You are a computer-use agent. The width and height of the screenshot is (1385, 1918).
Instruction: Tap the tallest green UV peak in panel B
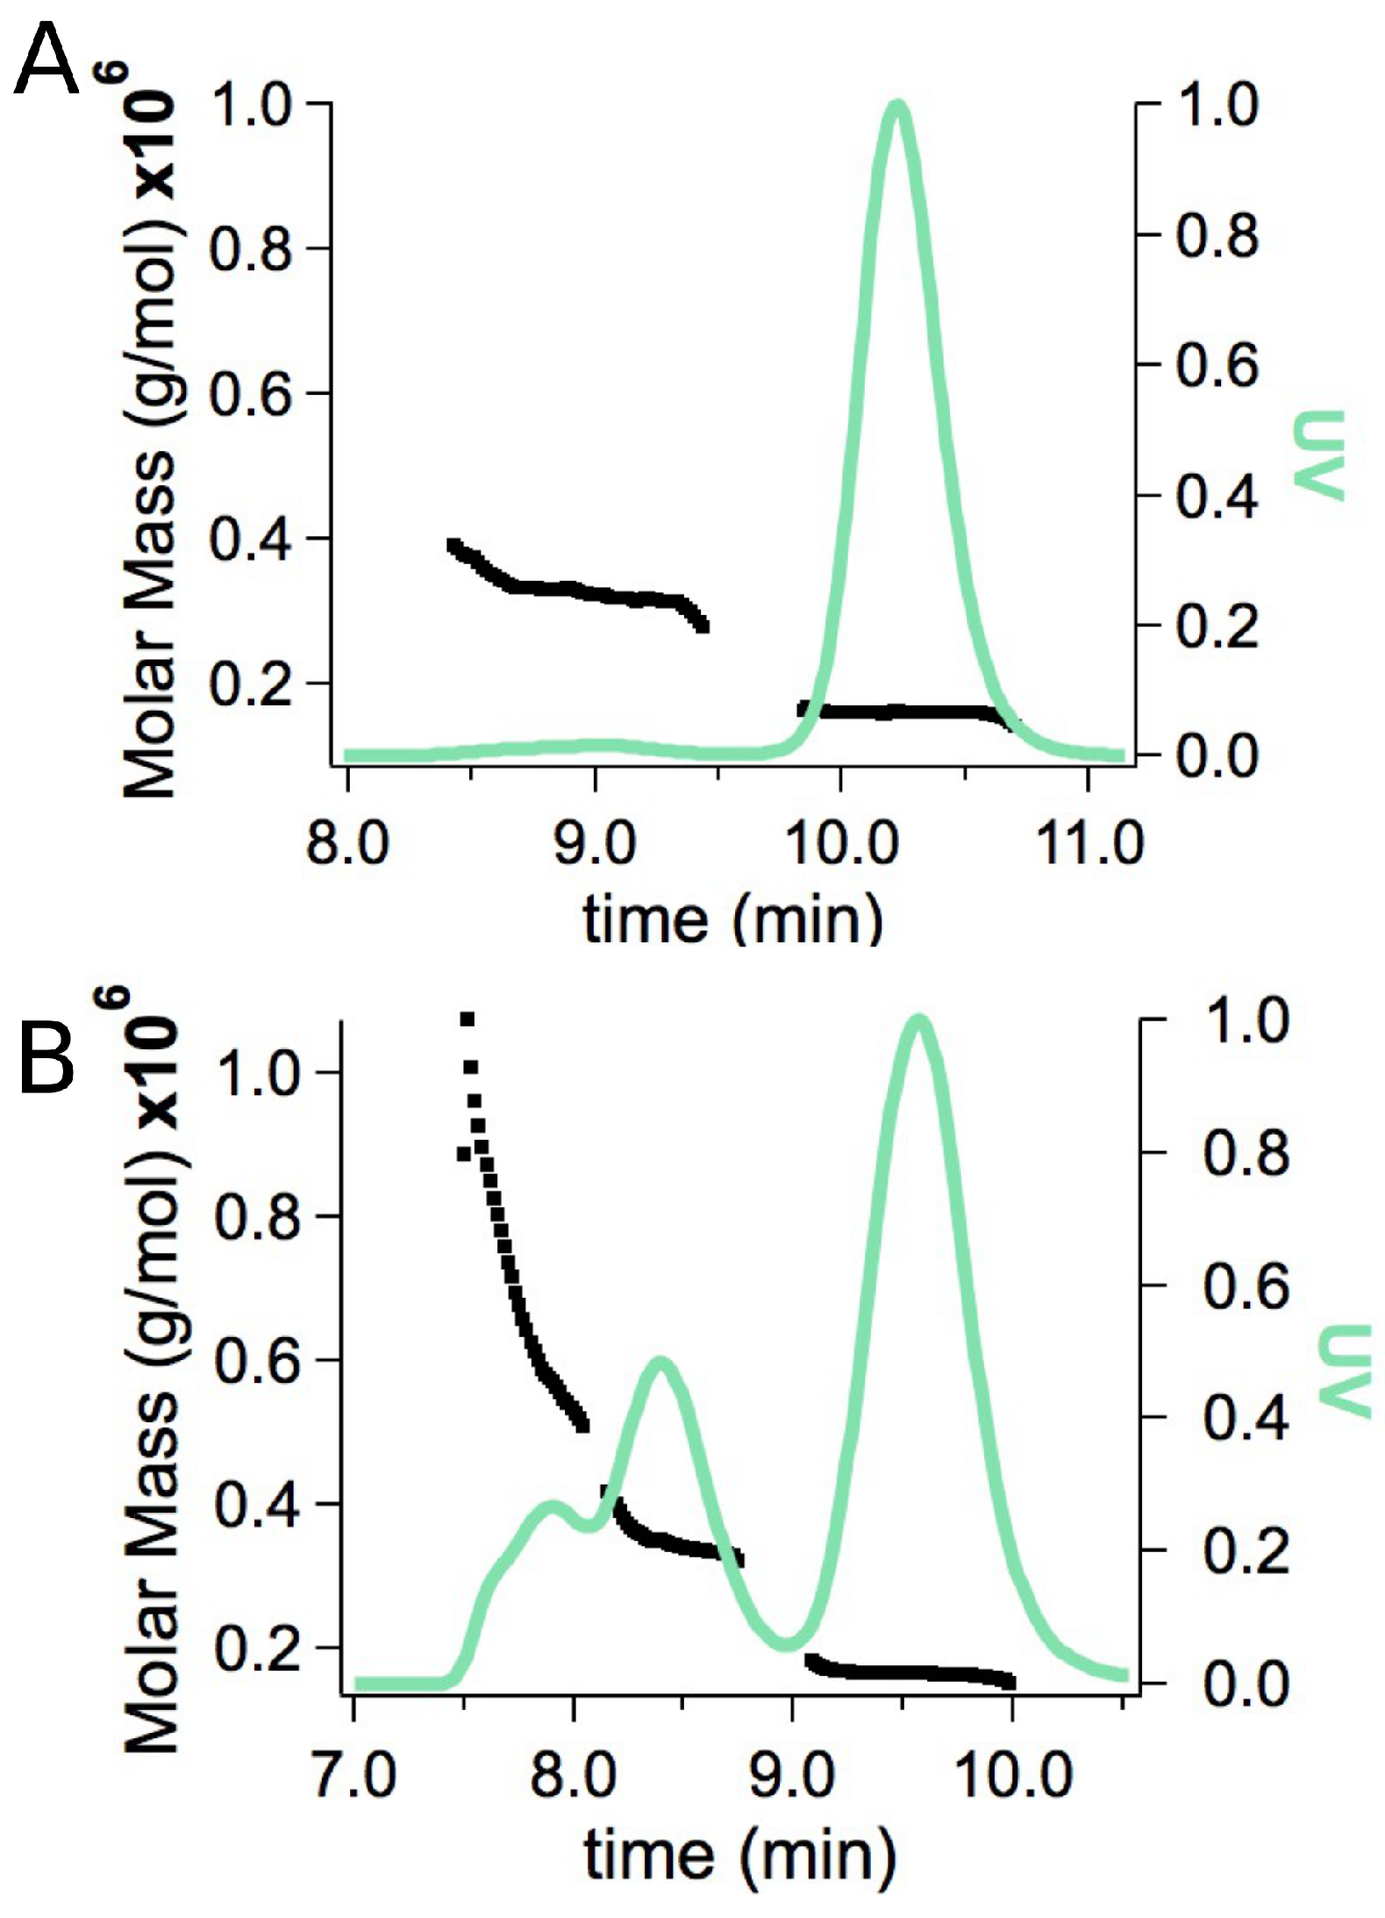coord(917,1020)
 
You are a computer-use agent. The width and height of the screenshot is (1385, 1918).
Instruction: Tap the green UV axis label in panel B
coord(1346,1371)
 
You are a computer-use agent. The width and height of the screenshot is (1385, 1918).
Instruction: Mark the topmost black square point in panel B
coord(467,1019)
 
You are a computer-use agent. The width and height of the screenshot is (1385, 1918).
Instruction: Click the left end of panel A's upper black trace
coord(453,546)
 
